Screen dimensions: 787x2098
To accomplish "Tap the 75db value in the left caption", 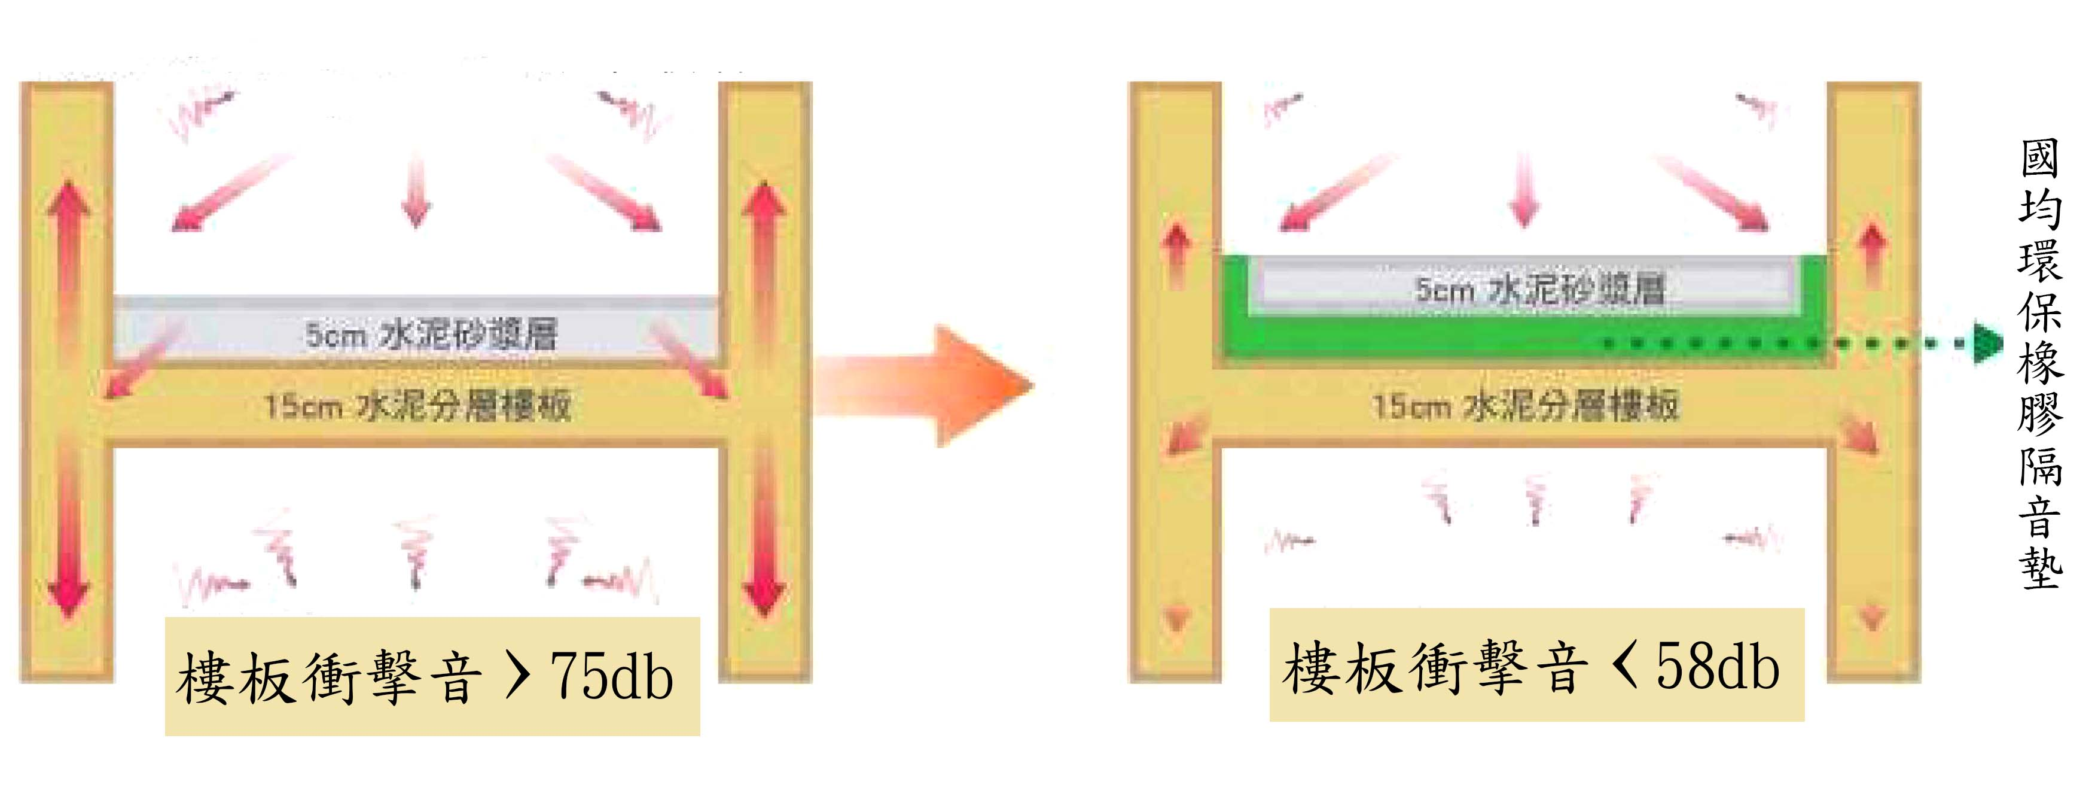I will (x=612, y=676).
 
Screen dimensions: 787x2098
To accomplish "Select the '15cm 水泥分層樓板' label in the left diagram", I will (x=417, y=405).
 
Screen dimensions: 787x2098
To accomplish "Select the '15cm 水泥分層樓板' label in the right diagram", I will (x=1524, y=405).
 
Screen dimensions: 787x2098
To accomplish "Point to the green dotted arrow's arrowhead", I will (x=1987, y=343).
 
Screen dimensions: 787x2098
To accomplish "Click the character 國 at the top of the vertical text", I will (x=2039, y=159).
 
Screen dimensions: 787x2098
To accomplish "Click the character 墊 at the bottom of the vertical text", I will (x=2039, y=569).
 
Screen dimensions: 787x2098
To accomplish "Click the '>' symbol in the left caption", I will (x=517, y=676).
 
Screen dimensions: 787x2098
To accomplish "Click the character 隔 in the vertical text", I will (x=2039, y=466).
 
